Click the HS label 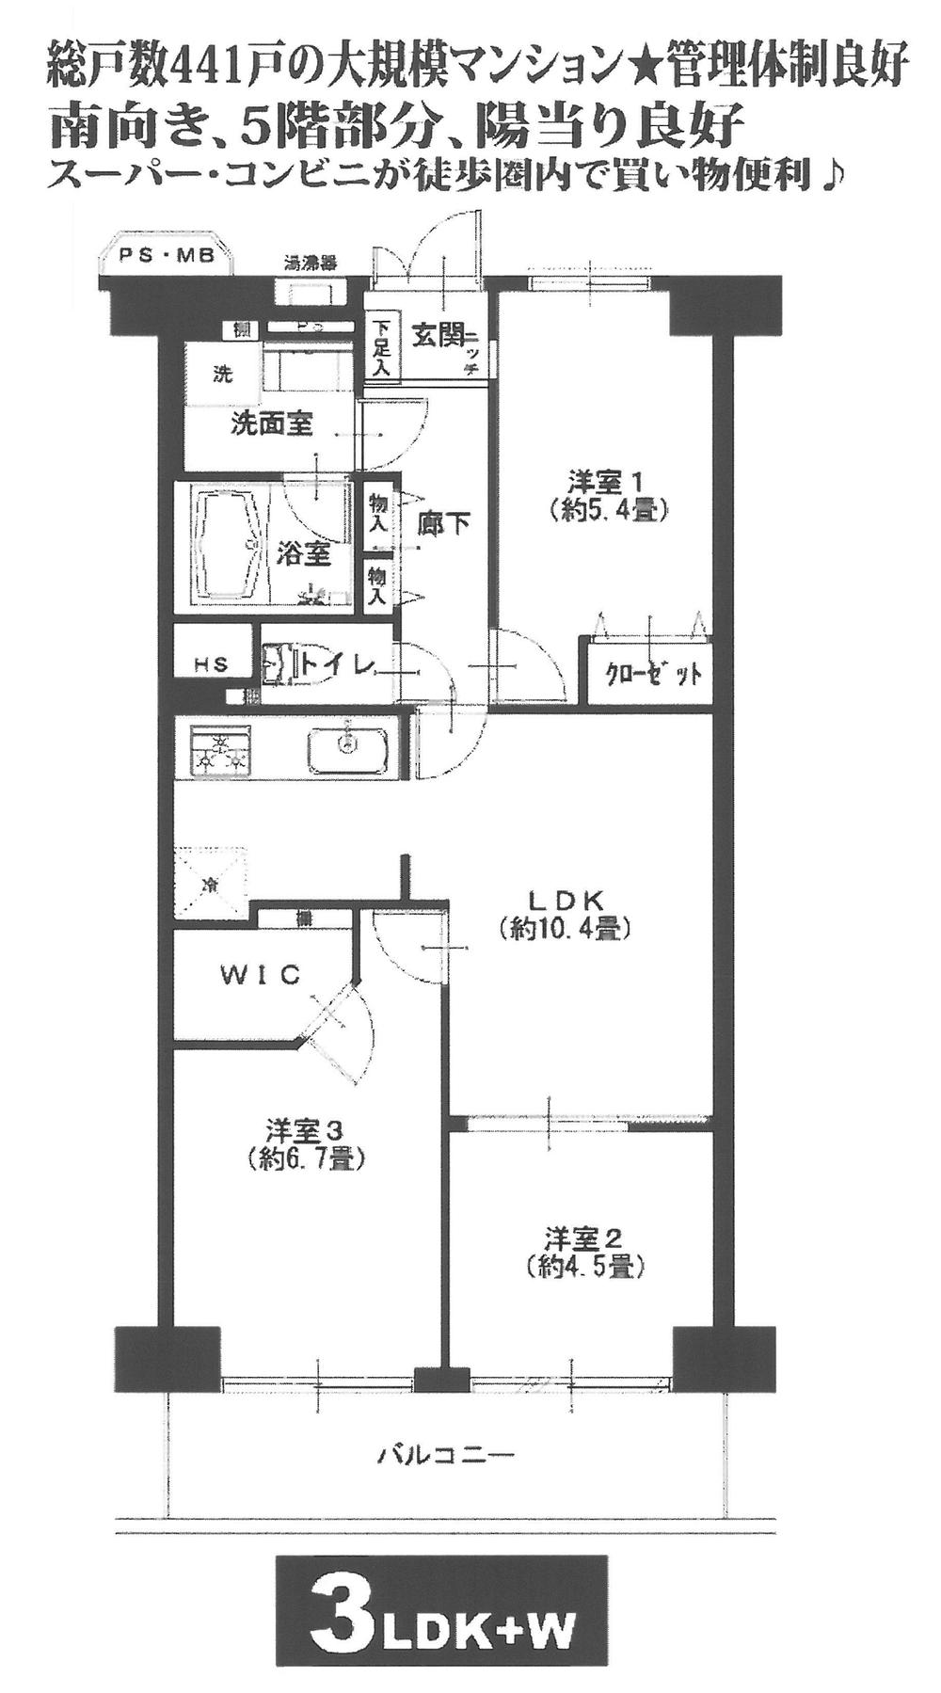212,663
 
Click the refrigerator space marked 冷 209,884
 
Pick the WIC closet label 261,975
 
